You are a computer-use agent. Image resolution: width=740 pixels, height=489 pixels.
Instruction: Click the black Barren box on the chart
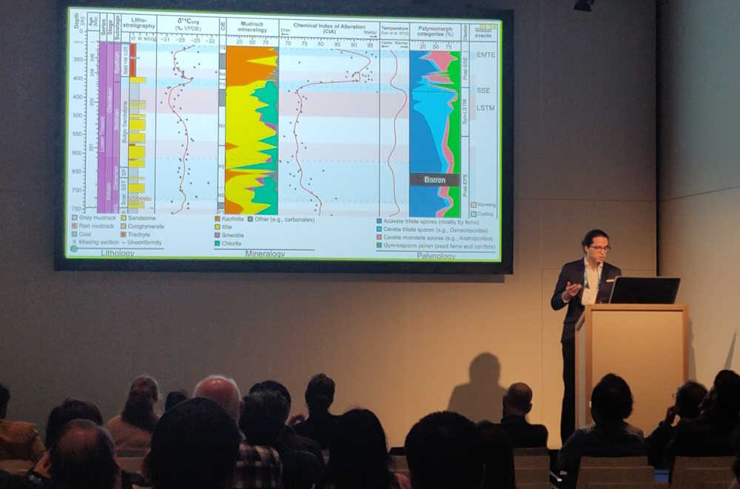[x=434, y=180]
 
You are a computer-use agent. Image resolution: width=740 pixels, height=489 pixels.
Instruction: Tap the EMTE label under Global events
[x=485, y=54]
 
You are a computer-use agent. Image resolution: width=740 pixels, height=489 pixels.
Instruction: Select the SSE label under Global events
[x=483, y=90]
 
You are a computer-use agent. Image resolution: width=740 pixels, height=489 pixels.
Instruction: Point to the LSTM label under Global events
[x=485, y=108]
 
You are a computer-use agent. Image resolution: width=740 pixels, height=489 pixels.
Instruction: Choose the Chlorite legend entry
[x=232, y=243]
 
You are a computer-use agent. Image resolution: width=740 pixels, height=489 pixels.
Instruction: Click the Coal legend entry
[x=87, y=235]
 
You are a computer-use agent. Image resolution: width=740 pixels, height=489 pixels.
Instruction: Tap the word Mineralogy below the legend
[x=264, y=254]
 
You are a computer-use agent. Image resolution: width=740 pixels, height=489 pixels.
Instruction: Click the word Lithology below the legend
[x=118, y=253]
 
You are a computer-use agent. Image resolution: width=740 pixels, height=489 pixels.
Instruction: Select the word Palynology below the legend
[x=435, y=256]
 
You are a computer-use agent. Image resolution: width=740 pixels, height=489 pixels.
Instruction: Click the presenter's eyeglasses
[x=599, y=249]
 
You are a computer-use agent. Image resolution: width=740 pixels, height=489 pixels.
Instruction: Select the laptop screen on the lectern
[x=644, y=290]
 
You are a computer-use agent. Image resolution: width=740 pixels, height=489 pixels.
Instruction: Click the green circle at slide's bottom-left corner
[x=73, y=249]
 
